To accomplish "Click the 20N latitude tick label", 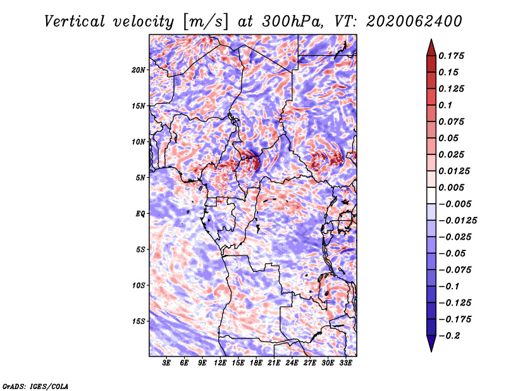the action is pyautogui.click(x=138, y=70).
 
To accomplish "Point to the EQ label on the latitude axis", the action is pyautogui.click(x=140, y=214).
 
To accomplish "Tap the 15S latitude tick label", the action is pyautogui.click(x=139, y=321).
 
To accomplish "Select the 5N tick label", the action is pyautogui.click(x=140, y=178).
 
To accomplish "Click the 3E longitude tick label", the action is pyautogui.click(x=166, y=363).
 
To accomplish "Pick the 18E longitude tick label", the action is pyautogui.click(x=256, y=363).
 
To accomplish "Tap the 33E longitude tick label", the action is pyautogui.click(x=345, y=363).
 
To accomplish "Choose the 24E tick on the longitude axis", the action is pyautogui.click(x=292, y=363).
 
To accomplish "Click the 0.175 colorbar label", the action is pyautogui.click(x=451, y=56).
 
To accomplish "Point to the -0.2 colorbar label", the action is pyautogui.click(x=449, y=336).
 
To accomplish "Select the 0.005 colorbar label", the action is pyautogui.click(x=451, y=187).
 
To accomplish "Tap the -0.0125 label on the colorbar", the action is pyautogui.click(x=457, y=221).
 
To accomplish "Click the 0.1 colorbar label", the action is pyautogui.click(x=445, y=105).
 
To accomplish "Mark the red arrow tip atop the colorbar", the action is pyautogui.click(x=431, y=39).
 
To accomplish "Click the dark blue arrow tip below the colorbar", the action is pyautogui.click(x=431, y=351).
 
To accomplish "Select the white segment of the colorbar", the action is pyautogui.click(x=431, y=195).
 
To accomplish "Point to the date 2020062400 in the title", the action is pyautogui.click(x=414, y=22).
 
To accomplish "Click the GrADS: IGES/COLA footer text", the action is pyautogui.click(x=35, y=386).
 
